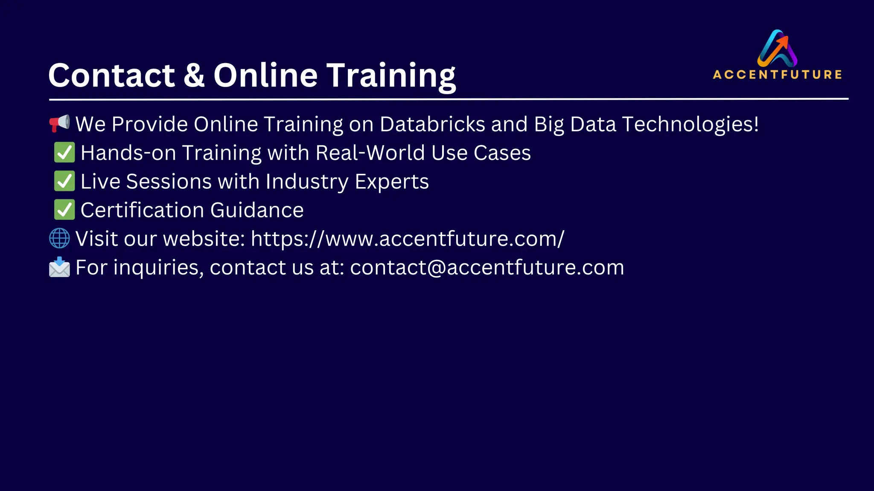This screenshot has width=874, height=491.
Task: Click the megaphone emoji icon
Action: [x=59, y=123]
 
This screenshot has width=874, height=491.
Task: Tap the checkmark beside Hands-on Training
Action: [x=64, y=153]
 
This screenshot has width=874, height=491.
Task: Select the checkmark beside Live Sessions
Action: [x=64, y=181]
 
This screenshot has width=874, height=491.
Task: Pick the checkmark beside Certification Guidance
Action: [x=64, y=210]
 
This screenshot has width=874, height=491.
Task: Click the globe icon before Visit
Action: [x=59, y=238]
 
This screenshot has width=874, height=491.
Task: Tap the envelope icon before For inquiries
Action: [x=59, y=267]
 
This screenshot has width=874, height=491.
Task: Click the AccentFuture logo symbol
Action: [x=777, y=48]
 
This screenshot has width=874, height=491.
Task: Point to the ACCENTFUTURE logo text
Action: [x=777, y=75]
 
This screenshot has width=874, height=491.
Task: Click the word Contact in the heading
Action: [x=112, y=75]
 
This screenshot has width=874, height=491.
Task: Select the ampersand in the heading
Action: [x=194, y=75]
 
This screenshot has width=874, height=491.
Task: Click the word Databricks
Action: [x=432, y=124]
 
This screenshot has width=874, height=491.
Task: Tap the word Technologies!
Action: [x=690, y=124]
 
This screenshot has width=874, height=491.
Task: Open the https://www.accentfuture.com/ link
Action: [x=408, y=238]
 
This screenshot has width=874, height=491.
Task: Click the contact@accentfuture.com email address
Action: [x=487, y=267]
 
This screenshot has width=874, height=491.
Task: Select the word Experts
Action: [x=392, y=182]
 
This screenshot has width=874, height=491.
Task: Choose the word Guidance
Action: [x=256, y=210]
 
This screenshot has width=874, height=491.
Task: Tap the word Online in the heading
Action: [x=265, y=75]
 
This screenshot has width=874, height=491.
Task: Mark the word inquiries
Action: [x=158, y=268]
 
